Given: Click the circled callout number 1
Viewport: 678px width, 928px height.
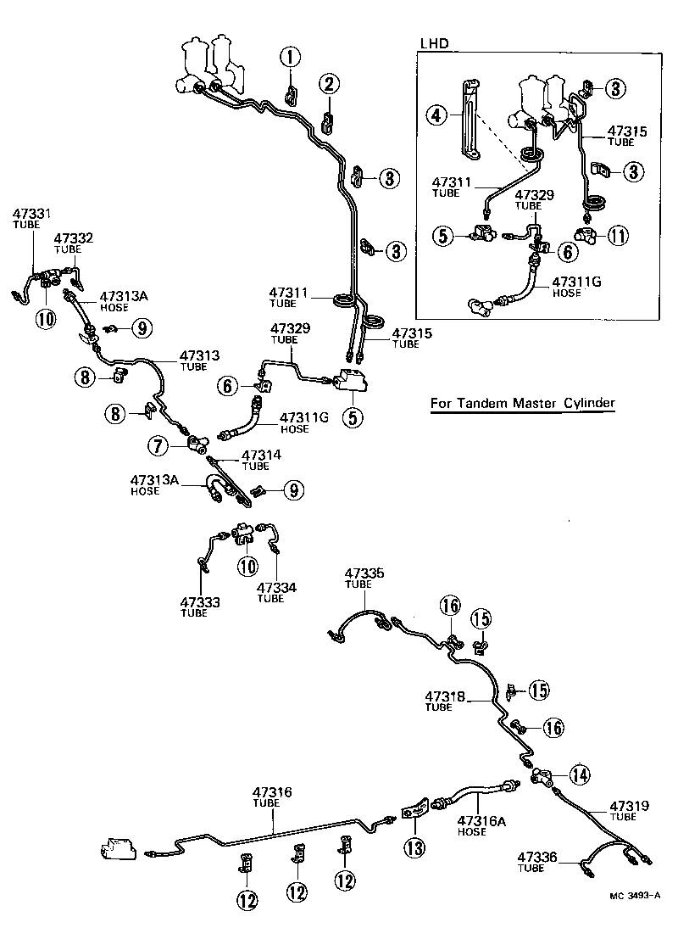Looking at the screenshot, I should pos(292,58).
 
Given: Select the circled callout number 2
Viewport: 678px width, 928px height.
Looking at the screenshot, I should pos(329,83).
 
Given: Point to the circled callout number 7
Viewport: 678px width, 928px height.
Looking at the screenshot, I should pos(158,444).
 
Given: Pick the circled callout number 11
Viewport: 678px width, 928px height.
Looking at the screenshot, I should pos(621,235).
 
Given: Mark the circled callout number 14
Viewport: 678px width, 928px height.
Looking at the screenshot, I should pos(579,774).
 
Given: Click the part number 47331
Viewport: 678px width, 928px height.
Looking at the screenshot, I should pos(31,213).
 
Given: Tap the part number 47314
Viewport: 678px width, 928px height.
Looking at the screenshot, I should pos(262,455).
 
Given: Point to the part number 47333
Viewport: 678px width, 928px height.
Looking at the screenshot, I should pos(200,601).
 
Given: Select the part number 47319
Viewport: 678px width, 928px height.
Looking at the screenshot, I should pos(630,805).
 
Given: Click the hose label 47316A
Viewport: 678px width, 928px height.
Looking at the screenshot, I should pos(480,820).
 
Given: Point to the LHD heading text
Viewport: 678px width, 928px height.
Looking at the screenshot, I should pos(434,42).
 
